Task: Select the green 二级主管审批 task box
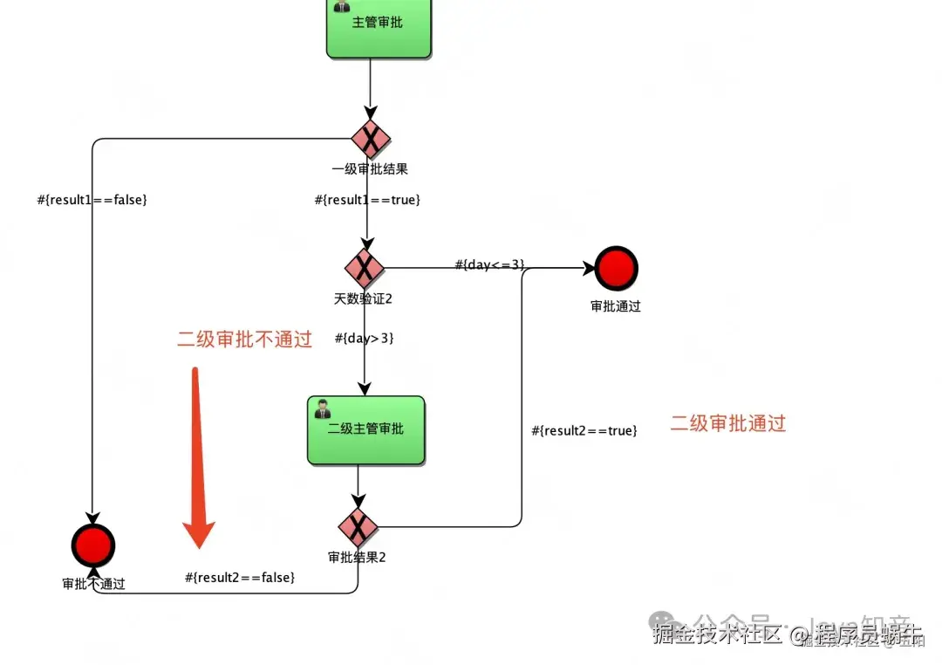pyautogui.click(x=365, y=430)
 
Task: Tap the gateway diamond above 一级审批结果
pyautogui.click(x=371, y=139)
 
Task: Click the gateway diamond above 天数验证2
pyautogui.click(x=365, y=268)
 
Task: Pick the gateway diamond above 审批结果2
pyautogui.click(x=358, y=526)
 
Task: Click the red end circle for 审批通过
pyautogui.click(x=616, y=267)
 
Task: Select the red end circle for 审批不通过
pyautogui.click(x=93, y=546)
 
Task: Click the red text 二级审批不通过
pyautogui.click(x=244, y=339)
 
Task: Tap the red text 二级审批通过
pyautogui.click(x=727, y=423)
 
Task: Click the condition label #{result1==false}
pyautogui.click(x=92, y=200)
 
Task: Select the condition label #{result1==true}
pyautogui.click(x=367, y=200)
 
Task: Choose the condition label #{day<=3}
pyautogui.click(x=489, y=264)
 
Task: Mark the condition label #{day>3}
pyautogui.click(x=364, y=338)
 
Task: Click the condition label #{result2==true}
pyautogui.click(x=584, y=430)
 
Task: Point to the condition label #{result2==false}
pyautogui.click(x=240, y=577)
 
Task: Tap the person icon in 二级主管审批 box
pyautogui.click(x=323, y=408)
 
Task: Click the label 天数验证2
pyautogui.click(x=363, y=298)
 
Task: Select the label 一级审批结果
pyautogui.click(x=370, y=169)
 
